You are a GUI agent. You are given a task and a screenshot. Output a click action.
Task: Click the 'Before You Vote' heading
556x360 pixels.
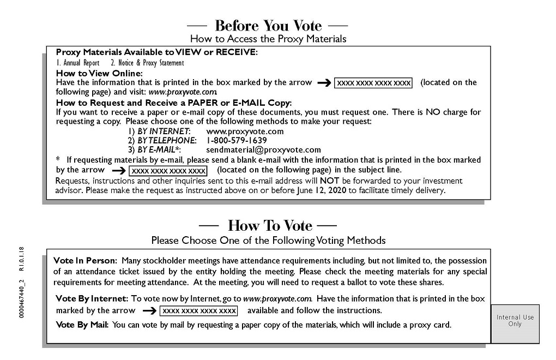click(x=268, y=26)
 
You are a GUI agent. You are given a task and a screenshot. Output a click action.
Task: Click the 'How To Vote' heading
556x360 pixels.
click(x=270, y=225)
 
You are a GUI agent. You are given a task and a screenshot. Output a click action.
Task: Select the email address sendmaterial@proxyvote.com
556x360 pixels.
click(x=264, y=149)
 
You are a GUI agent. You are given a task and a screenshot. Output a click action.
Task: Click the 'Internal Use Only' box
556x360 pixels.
click(x=515, y=321)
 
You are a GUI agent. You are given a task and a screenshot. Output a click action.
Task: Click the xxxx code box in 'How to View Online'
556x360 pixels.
click(x=373, y=83)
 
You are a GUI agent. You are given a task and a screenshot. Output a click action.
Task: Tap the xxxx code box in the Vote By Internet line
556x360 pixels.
click(x=198, y=311)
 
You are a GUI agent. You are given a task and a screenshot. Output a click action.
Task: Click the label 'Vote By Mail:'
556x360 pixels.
click(x=82, y=325)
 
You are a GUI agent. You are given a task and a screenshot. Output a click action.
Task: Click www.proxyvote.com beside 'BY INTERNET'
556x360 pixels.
click(x=245, y=131)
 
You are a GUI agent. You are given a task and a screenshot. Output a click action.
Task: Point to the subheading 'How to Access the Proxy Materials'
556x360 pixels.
click(x=268, y=39)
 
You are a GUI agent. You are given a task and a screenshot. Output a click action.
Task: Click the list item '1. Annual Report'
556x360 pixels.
click(x=78, y=63)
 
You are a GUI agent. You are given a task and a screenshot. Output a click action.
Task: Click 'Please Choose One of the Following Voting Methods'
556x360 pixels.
click(x=268, y=240)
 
